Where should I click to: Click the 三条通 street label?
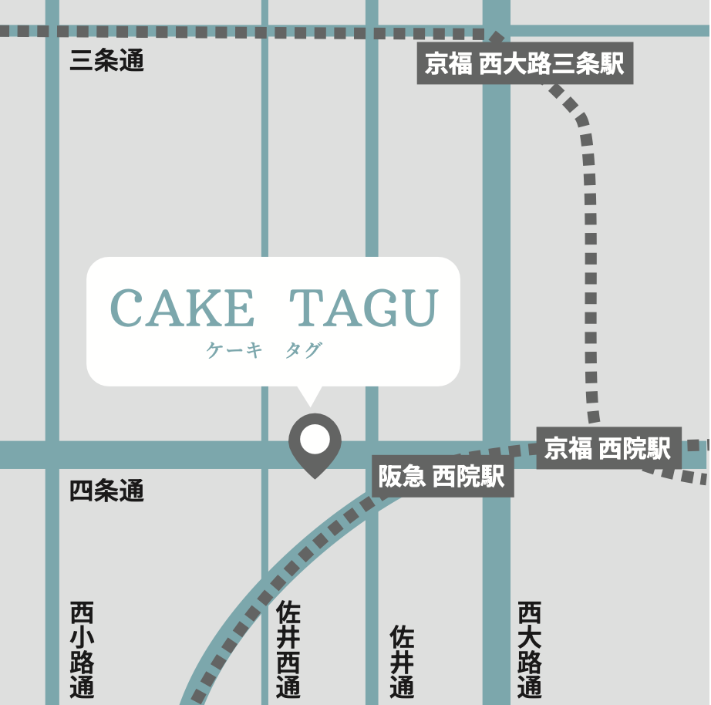pyautogui.click(x=106, y=61)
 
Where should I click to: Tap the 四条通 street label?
pyautogui.click(x=106, y=491)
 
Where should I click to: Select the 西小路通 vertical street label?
pyautogui.click(x=82, y=649)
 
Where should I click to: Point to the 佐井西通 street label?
pyautogui.click(x=288, y=649)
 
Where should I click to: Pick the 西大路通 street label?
pyautogui.click(x=530, y=649)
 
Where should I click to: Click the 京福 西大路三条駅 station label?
pyautogui.click(x=524, y=64)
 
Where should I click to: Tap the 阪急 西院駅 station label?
pyautogui.click(x=442, y=477)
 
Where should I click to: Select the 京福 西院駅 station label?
pyautogui.click(x=608, y=448)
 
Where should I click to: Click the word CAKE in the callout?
pyautogui.click(x=182, y=309)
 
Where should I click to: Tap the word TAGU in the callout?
pyautogui.click(x=364, y=309)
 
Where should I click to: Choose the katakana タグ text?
pyautogui.click(x=303, y=351)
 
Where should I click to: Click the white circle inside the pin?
pyautogui.click(x=315, y=439)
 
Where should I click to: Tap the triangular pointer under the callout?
pyautogui.click(x=310, y=394)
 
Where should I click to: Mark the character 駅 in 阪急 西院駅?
pyautogui.click(x=493, y=477)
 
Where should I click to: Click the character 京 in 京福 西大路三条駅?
pyautogui.click(x=437, y=64)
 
